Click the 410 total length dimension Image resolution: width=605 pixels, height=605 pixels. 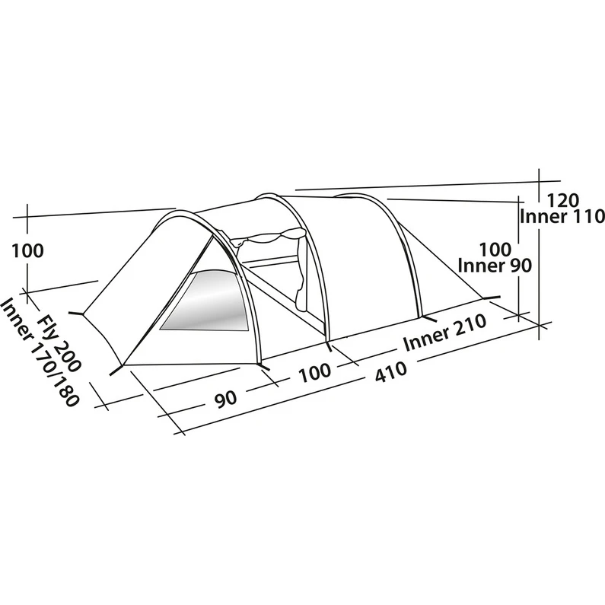pyautogui.click(x=390, y=371)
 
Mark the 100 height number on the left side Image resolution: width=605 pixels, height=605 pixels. pyautogui.click(x=28, y=251)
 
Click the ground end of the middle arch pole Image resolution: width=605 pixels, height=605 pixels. pyautogui.click(x=329, y=347)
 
